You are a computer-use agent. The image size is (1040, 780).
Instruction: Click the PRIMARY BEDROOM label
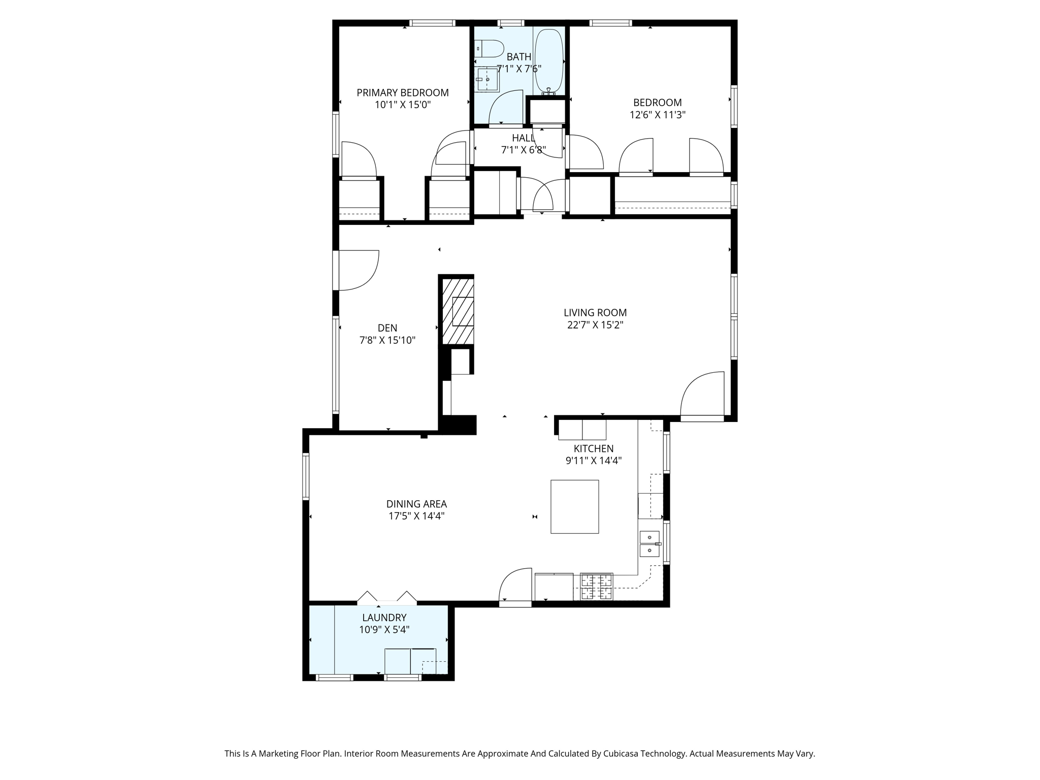click(402, 93)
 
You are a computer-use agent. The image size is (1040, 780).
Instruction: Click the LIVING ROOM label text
click(595, 313)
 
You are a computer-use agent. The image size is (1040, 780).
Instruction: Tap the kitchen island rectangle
click(575, 507)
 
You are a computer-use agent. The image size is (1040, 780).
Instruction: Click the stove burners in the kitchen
click(597, 587)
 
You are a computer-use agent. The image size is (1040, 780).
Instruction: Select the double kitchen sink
click(649, 544)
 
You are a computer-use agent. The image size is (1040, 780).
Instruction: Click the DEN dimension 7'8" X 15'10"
click(387, 340)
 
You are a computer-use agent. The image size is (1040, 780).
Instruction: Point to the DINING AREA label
click(416, 504)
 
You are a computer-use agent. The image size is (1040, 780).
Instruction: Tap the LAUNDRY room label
click(384, 618)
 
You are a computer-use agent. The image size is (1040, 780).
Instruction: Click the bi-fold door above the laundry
click(387, 598)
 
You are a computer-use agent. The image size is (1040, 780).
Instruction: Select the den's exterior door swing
click(359, 270)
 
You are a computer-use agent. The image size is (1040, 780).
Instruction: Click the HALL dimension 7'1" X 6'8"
click(524, 150)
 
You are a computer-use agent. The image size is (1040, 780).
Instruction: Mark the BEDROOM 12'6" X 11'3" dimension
click(658, 115)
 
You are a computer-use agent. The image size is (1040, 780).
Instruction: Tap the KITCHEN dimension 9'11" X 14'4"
click(594, 461)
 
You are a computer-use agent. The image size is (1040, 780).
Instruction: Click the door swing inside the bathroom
click(506, 107)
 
